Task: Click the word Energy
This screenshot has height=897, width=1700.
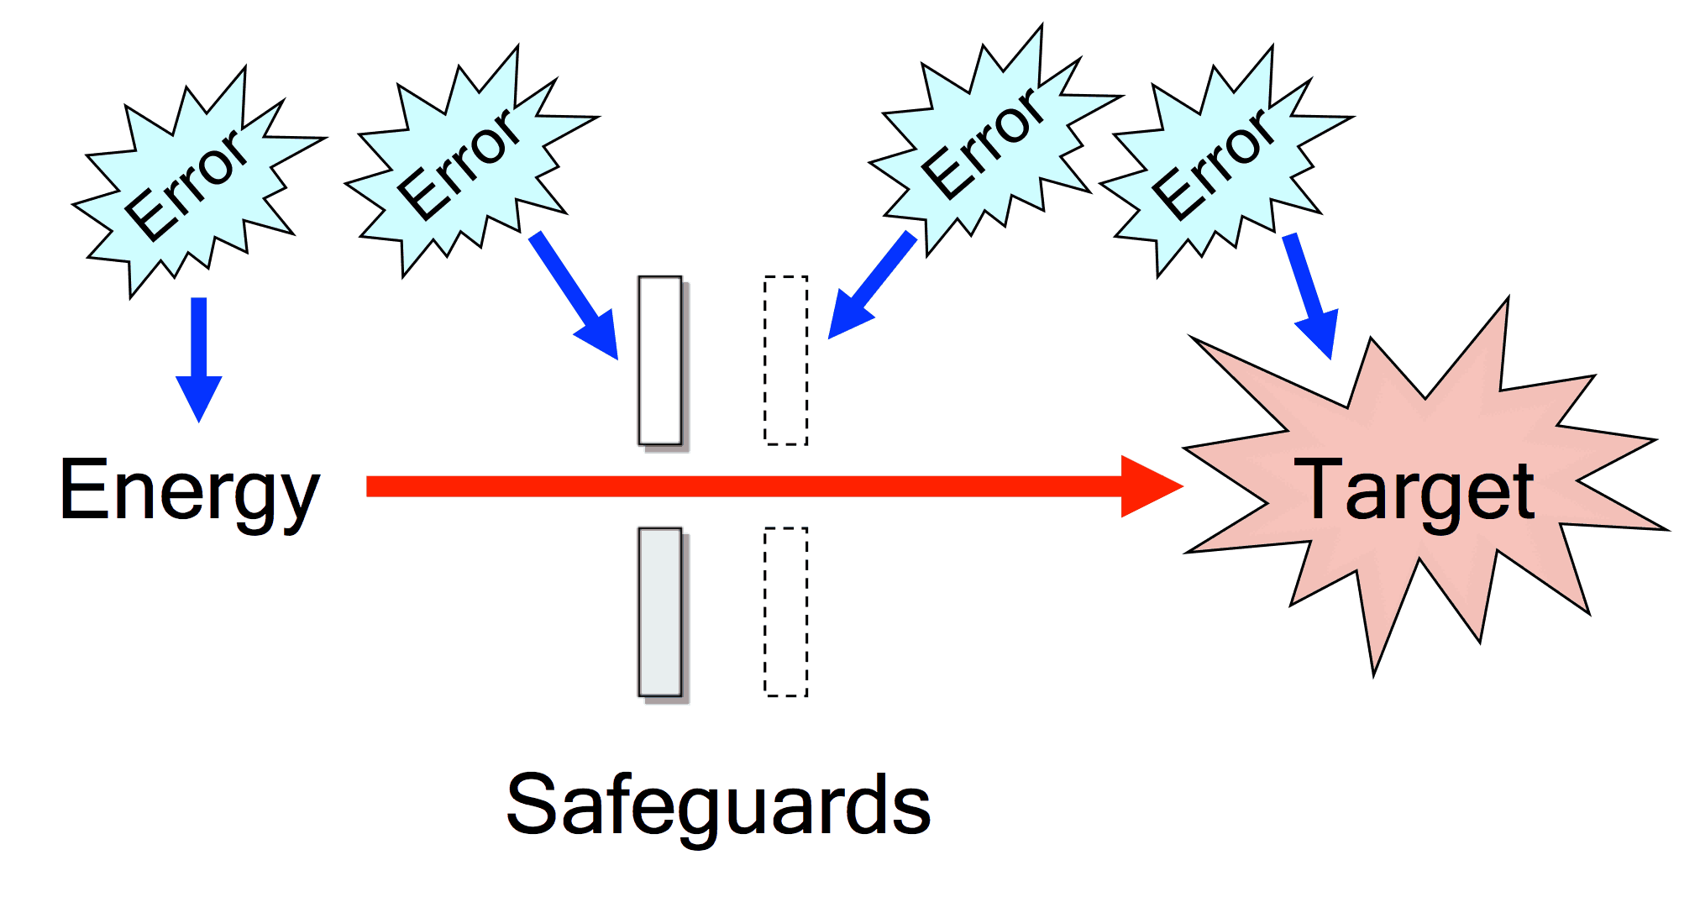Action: click(190, 491)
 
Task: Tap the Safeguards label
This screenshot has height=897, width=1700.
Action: click(718, 805)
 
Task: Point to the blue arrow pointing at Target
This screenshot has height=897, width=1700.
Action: click(1310, 294)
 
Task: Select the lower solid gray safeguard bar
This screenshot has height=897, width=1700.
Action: click(660, 611)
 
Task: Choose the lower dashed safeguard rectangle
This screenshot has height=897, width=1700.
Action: click(786, 611)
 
